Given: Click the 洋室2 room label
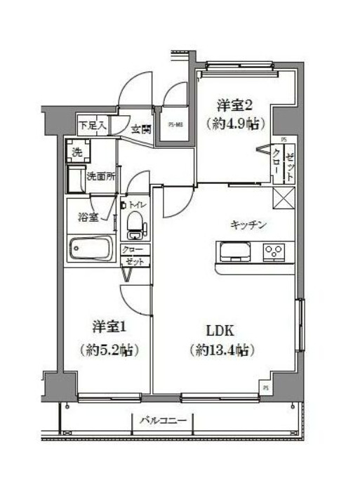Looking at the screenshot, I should [x=234, y=105].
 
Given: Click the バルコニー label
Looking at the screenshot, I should [x=161, y=421].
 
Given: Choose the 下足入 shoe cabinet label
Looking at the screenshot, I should [x=93, y=126].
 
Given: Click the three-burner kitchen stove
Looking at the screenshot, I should [x=274, y=251].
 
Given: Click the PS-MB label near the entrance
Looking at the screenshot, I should [x=175, y=126].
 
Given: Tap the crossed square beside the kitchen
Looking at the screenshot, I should [x=284, y=199].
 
